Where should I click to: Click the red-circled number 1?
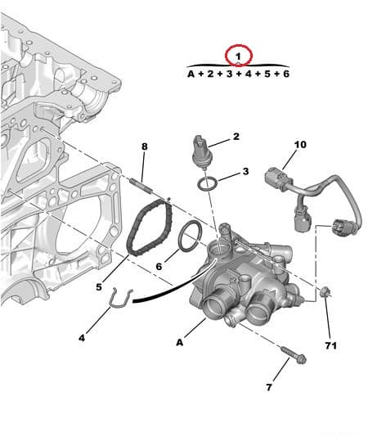click(x=238, y=56)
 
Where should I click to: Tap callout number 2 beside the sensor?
click(x=236, y=137)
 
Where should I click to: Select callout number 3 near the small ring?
click(x=245, y=173)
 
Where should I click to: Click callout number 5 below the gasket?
click(x=99, y=286)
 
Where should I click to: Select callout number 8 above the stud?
click(x=144, y=147)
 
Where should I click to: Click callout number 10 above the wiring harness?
click(x=300, y=145)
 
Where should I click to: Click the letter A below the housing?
click(x=179, y=342)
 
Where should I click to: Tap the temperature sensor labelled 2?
click(x=200, y=151)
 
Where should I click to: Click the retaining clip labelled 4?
click(x=119, y=304)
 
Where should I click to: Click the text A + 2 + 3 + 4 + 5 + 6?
click(x=238, y=74)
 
